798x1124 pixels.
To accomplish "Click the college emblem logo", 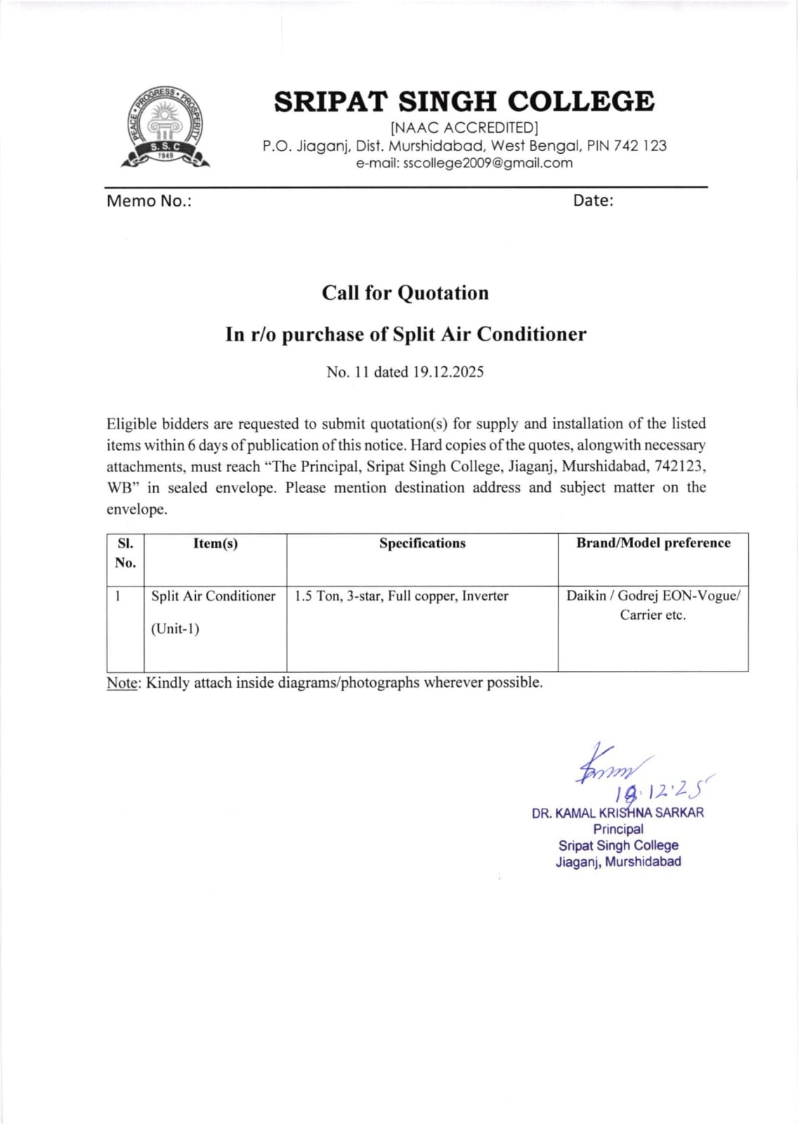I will tap(165, 128).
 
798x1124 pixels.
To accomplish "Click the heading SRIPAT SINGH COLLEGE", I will tap(464, 102).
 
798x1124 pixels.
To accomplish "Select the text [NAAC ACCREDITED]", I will tap(464, 128).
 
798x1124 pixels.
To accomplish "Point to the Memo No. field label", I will tap(149, 201).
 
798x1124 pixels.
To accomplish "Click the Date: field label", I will tap(593, 200).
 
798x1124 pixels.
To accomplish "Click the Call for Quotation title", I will tap(405, 293).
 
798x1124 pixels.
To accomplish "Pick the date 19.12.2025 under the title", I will tap(448, 372).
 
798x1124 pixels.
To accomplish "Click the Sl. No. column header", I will tap(125, 553).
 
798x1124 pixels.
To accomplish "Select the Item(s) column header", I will tap(216, 544).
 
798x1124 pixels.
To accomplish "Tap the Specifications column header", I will tap(422, 544).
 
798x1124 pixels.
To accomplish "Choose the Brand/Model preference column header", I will tap(653, 543).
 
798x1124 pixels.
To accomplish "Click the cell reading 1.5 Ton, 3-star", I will tap(401, 596).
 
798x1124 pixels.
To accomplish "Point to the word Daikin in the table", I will tap(586, 596).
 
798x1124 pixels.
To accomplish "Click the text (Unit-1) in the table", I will tap(175, 629).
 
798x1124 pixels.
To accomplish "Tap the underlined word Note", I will tap(122, 683).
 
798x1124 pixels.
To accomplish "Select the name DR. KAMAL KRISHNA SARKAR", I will tap(617, 813).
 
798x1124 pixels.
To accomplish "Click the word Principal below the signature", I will tap(618, 829).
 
